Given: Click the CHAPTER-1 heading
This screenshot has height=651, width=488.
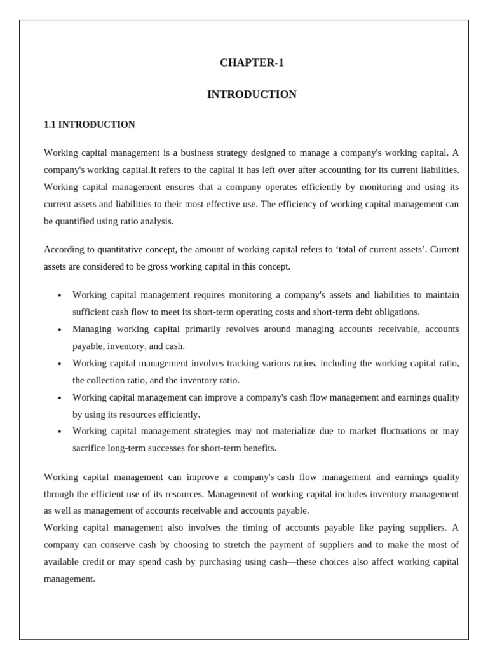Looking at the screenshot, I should tap(252, 62).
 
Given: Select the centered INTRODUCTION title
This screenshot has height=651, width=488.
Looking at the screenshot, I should tap(252, 94).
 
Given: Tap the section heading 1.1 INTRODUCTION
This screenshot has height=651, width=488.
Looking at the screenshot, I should tap(89, 125).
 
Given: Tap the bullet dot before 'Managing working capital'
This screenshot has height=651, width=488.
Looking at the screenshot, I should tap(59, 330).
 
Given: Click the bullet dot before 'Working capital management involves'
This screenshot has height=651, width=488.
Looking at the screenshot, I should tap(59, 364).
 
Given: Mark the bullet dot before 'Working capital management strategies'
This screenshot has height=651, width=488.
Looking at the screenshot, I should tap(59, 432).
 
